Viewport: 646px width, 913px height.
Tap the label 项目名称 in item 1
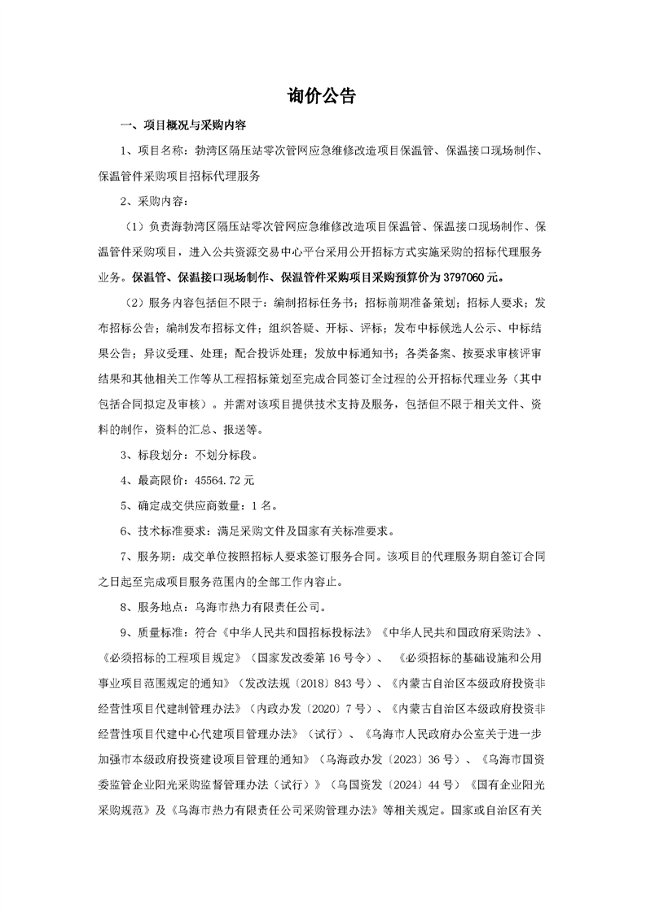(x=160, y=151)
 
